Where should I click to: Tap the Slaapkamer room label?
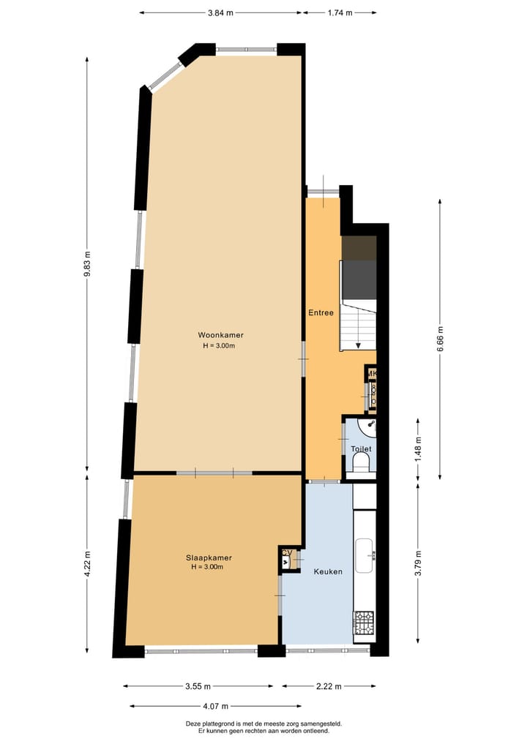(x=209, y=557)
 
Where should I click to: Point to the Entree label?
(x=321, y=312)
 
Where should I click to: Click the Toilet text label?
(x=361, y=448)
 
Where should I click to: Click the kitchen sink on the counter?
(x=364, y=555)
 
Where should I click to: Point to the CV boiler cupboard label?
(x=287, y=552)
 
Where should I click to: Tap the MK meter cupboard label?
(x=372, y=375)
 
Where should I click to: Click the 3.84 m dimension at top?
(x=220, y=12)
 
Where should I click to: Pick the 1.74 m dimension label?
(x=340, y=12)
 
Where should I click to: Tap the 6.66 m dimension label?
(x=440, y=338)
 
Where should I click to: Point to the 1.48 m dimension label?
(x=419, y=449)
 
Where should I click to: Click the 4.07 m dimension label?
(x=215, y=706)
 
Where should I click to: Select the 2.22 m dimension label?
(x=329, y=686)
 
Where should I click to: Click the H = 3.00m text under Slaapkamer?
(x=207, y=567)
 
